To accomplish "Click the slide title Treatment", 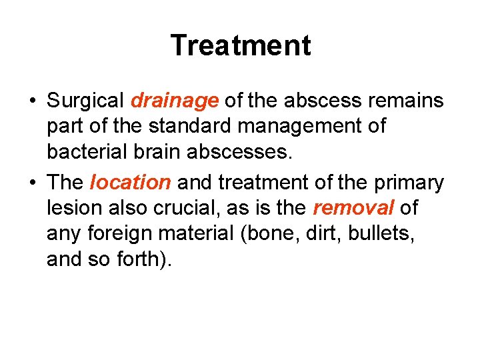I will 240,45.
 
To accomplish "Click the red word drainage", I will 175,101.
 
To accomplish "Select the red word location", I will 130,182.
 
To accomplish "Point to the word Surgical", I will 85,101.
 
